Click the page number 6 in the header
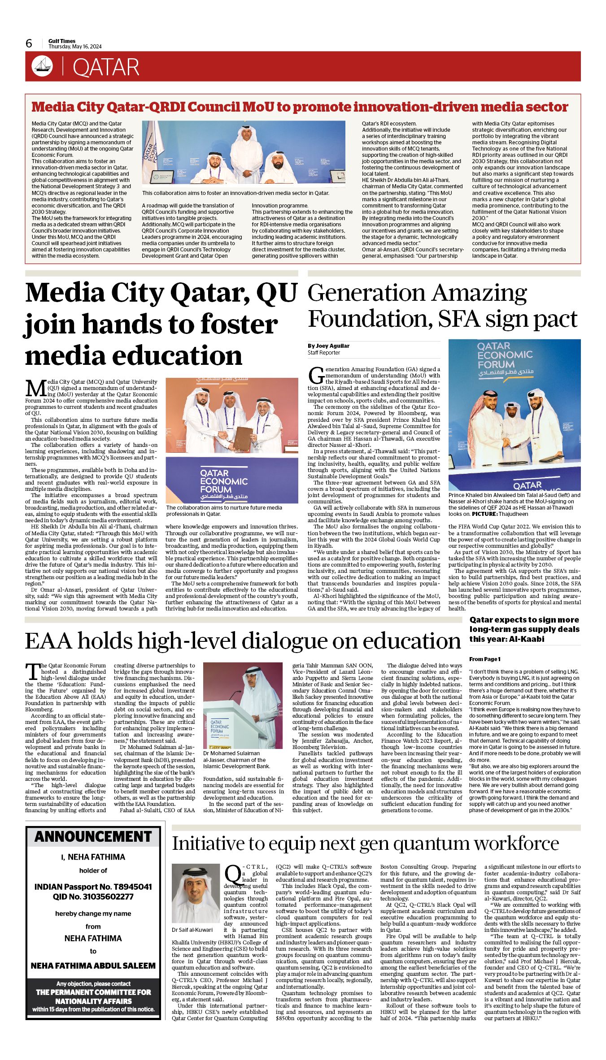point(29,43)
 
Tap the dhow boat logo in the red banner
point(42,66)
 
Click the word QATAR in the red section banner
point(106,68)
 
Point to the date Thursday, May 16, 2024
point(75,47)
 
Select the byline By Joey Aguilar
point(328,346)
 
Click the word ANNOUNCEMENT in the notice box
point(93,836)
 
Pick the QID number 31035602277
point(105,896)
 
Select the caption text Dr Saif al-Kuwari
point(192,930)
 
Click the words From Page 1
point(485,659)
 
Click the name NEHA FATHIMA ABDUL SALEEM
point(93,965)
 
